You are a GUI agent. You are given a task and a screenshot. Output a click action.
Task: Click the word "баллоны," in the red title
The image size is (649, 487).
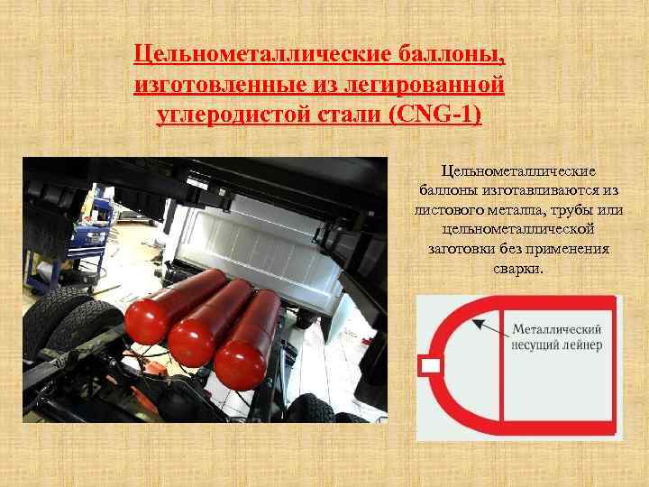452,55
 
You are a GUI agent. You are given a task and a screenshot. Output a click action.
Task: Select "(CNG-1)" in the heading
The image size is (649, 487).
435,114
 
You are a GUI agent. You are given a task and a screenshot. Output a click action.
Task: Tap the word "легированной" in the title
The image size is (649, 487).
417,85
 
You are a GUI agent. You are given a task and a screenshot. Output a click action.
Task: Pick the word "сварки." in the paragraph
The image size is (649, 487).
517,269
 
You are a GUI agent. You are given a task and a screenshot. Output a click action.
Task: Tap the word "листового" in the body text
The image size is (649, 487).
449,210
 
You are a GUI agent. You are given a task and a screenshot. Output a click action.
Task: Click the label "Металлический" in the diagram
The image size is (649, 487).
557,329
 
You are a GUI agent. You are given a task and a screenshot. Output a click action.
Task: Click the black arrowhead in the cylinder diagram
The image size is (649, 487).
477,323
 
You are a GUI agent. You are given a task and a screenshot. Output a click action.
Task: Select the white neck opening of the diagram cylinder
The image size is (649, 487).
430,365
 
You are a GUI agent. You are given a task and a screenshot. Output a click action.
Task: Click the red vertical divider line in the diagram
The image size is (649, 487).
501,365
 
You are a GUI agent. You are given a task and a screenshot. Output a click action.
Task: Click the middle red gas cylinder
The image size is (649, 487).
210,323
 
